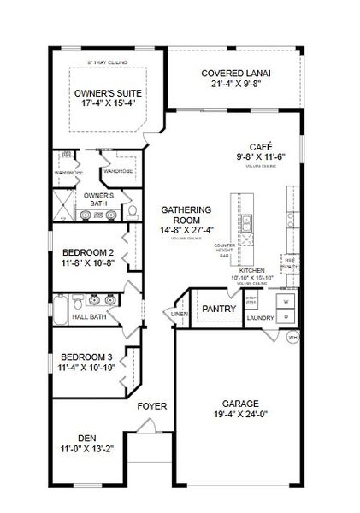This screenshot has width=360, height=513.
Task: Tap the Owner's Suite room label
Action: click(x=109, y=92)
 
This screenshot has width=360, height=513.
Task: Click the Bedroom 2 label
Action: click(x=88, y=253)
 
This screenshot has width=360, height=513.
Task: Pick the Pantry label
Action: click(x=219, y=309)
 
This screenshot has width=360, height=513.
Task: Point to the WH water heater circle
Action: click(x=292, y=336)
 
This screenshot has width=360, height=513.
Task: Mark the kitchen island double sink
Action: click(x=246, y=225)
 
